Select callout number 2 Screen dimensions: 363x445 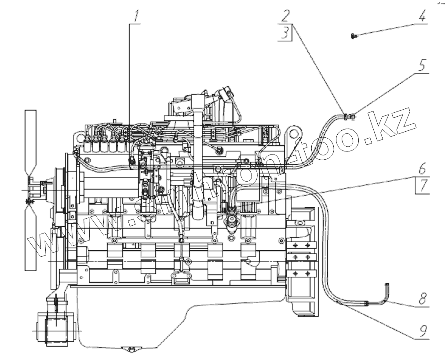pos(286,17)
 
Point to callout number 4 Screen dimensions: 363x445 pos(422,18)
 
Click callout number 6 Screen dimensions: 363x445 pos(422,168)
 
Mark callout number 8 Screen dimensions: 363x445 pos(422,300)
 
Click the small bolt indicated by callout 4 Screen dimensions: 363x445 pos(353,36)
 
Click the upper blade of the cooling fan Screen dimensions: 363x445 pos(31,140)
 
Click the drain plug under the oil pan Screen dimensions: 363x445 pos(129,349)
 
